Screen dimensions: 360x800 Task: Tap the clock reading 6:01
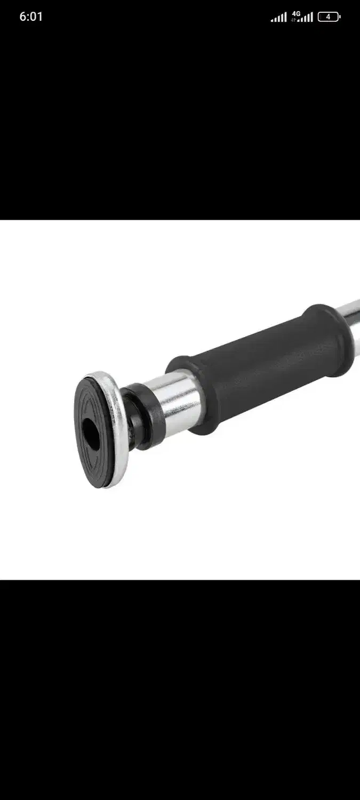pos(31,17)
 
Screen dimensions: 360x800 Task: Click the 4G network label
pos(296,13)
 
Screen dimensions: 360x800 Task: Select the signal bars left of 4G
pos(278,17)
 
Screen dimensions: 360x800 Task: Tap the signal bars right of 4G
pos(306,17)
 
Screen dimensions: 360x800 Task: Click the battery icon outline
pos(328,17)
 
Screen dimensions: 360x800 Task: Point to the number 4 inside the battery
pos(328,17)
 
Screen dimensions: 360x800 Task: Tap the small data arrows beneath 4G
pos(293,20)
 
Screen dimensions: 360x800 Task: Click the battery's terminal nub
pos(340,17)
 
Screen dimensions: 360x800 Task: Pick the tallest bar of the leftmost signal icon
pos(285,17)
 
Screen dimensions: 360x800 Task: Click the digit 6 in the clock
pos(23,17)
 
